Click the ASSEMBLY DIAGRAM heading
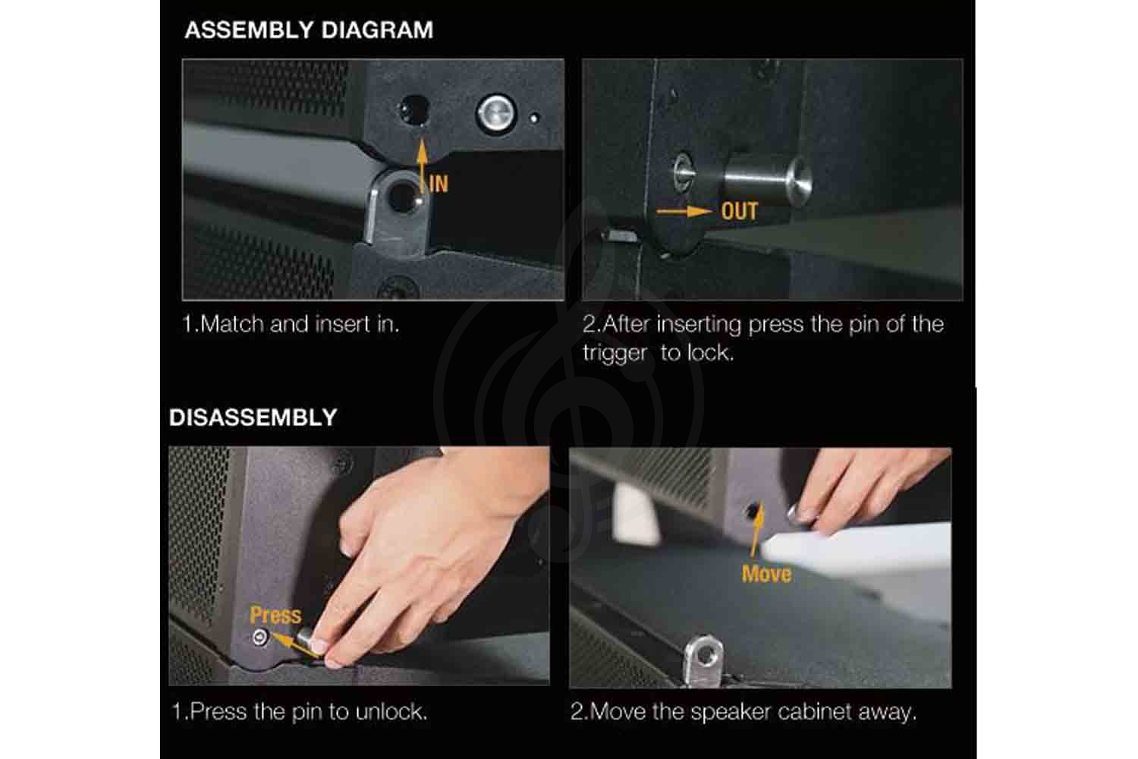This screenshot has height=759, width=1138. (309, 30)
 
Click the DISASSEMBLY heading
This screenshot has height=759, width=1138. (253, 417)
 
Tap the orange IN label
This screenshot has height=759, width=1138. (439, 184)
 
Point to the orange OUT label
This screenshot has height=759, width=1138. (739, 211)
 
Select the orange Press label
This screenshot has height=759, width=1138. (275, 615)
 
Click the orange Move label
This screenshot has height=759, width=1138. (766, 574)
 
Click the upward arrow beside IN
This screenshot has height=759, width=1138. (422, 166)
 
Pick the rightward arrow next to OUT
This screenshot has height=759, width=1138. (684, 212)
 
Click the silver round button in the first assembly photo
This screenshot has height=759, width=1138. (496, 114)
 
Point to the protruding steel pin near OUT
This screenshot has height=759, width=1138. (767, 181)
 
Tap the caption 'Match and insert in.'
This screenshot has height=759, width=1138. (300, 324)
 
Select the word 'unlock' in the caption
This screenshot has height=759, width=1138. (391, 712)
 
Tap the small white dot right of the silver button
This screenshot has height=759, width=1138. (534, 118)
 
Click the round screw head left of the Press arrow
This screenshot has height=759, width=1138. (260, 637)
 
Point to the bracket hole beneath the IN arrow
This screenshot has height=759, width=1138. (402, 196)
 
